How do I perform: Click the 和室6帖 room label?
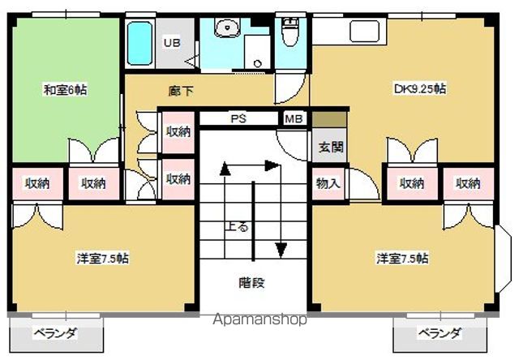pos(64,90)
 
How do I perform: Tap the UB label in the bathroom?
pos(173,43)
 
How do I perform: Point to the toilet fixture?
pos(290,32)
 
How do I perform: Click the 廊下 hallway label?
pos(182,91)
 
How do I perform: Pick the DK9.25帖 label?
pos(419,89)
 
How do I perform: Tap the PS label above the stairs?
pos(238,119)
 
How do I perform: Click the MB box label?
pos(293,119)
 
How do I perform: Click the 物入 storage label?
pos(328,183)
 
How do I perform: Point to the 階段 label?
pos(252,283)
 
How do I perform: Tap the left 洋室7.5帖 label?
pos(103,259)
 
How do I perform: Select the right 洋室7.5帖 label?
pos(402,259)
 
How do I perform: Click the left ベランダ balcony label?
pos(55,332)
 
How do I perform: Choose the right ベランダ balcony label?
pos(440,332)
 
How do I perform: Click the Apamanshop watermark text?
pos(259,319)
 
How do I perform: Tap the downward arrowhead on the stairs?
pos(281,247)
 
